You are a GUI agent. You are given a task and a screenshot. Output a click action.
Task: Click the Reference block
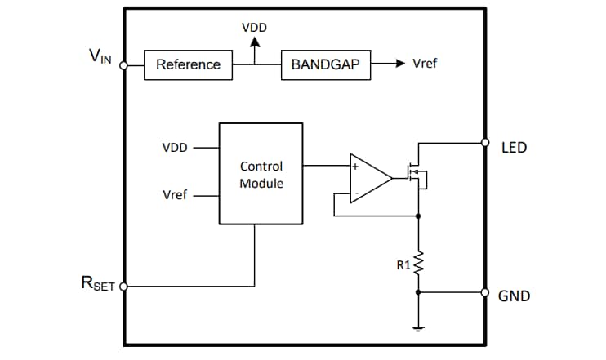click(x=188, y=64)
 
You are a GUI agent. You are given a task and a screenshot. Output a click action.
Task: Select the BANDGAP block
click(x=326, y=64)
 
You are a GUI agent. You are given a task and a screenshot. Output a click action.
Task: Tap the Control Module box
click(x=261, y=174)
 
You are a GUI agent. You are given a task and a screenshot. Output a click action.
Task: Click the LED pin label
click(x=514, y=148)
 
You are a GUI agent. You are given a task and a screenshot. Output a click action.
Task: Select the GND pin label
click(x=514, y=296)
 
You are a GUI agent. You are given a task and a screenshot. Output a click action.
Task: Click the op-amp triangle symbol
click(x=368, y=177)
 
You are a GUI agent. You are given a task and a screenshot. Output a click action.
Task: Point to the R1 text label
click(x=403, y=264)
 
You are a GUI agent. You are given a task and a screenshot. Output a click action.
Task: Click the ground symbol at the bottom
click(x=418, y=328)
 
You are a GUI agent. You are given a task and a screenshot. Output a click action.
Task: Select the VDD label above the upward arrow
click(x=254, y=28)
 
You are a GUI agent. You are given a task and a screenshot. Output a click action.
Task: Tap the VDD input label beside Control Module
click(x=175, y=148)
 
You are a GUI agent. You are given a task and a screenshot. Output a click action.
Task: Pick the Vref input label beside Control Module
click(x=175, y=195)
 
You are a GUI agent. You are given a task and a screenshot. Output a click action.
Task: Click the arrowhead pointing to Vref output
click(x=400, y=64)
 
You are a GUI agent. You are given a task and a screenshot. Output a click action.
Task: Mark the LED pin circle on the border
click(x=485, y=142)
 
